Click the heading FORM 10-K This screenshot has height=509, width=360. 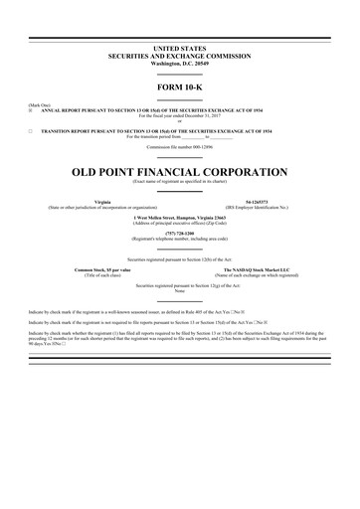(180, 89)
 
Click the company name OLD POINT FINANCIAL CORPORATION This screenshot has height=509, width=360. (180, 171)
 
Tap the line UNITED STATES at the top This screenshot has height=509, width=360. (180, 47)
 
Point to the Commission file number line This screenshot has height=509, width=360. (180, 146)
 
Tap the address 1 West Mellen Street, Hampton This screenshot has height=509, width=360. (180, 217)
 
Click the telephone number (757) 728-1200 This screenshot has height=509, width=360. (180, 233)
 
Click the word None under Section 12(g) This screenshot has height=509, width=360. (180, 290)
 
